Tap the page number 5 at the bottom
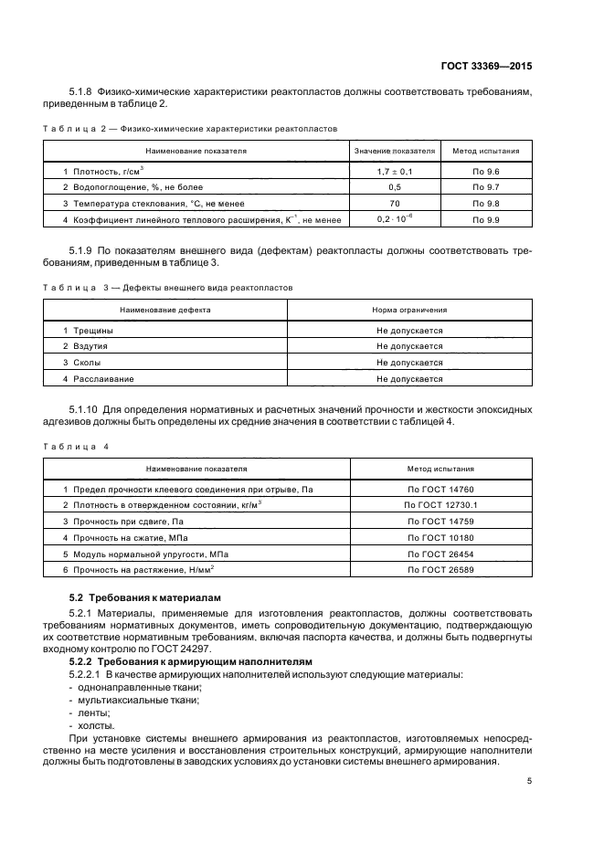pyautogui.click(x=530, y=781)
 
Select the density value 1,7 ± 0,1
pyautogui.click(x=394, y=172)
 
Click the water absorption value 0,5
pyautogui.click(x=394, y=187)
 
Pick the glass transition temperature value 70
pyautogui.click(x=394, y=204)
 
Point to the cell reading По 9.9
pyautogui.click(x=485, y=220)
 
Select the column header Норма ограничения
pyautogui.click(x=409, y=310)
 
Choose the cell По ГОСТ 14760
pyautogui.click(x=440, y=490)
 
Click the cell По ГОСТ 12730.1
pyautogui.click(x=440, y=505)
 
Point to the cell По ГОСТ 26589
pyautogui.click(x=440, y=570)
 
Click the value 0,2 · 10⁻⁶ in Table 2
pyautogui.click(x=394, y=219)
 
